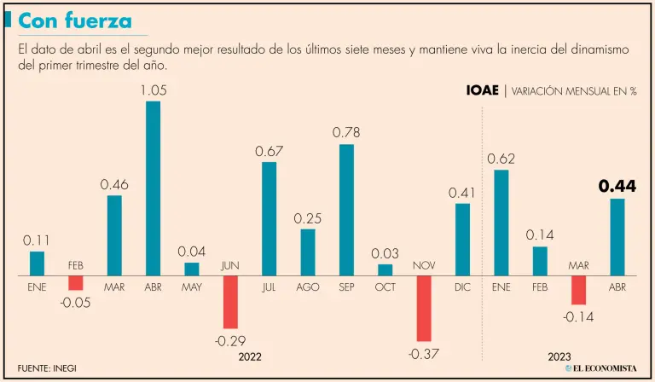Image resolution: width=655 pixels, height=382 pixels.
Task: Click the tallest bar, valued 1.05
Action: (153, 188)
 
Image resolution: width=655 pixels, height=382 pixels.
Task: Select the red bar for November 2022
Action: (424, 308)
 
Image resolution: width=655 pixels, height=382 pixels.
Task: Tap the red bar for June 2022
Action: (230, 302)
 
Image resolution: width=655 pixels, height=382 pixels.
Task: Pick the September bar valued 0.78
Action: (346, 210)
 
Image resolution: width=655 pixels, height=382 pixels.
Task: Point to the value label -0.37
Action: (424, 354)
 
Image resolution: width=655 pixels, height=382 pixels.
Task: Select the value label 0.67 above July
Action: (269, 152)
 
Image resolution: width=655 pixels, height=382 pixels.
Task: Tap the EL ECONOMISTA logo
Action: (600, 368)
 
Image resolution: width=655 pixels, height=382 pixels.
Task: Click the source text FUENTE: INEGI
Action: (51, 368)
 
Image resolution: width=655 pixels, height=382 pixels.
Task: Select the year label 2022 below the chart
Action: (250, 356)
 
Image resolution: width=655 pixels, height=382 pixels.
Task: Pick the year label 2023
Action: (559, 356)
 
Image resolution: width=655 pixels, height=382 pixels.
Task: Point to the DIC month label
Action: (462, 287)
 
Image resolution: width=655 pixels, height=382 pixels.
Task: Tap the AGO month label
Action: (308, 287)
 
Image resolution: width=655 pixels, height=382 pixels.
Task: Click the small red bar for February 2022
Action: (75, 282)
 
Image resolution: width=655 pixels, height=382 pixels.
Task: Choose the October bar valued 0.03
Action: (385, 269)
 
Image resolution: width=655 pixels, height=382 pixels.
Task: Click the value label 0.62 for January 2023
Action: (501, 159)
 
